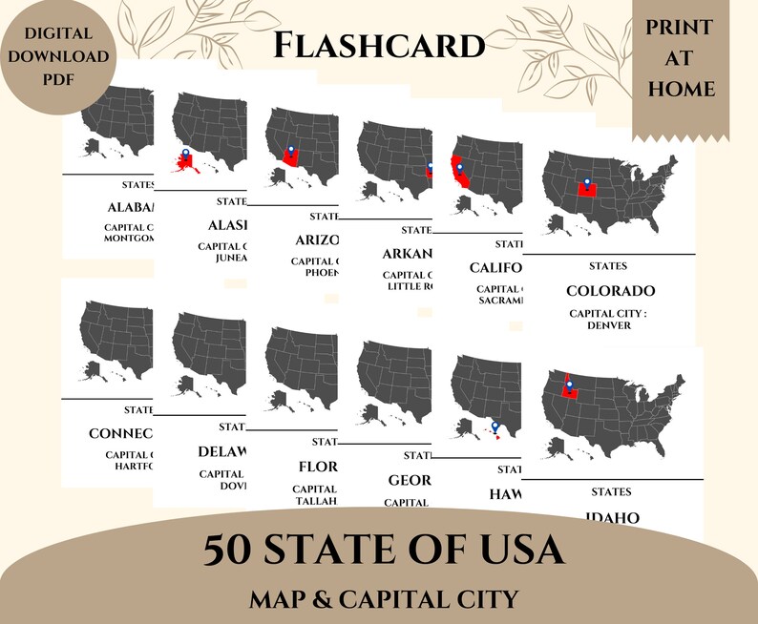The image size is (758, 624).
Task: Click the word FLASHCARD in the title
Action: (378, 44)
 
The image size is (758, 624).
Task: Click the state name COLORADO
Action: (610, 290)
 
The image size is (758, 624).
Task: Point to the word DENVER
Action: (610, 325)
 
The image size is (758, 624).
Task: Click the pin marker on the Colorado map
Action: (587, 182)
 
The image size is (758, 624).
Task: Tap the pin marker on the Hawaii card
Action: (495, 426)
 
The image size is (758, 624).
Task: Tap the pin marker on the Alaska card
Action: (184, 152)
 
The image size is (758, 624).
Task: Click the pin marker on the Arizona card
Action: (290, 149)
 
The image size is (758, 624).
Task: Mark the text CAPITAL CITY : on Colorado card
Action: (610, 313)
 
